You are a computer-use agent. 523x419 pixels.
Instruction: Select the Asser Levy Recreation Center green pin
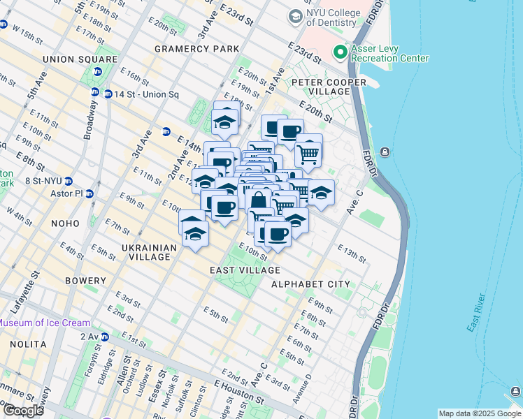pyautogui.click(x=341, y=52)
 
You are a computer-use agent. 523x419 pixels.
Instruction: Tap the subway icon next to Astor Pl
pyautogui.click(x=89, y=193)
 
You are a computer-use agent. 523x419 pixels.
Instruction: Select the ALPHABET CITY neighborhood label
pyautogui.click(x=310, y=284)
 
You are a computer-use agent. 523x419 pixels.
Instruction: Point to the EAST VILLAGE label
pyautogui.click(x=245, y=270)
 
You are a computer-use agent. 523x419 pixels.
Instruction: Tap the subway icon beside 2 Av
pyautogui.click(x=104, y=337)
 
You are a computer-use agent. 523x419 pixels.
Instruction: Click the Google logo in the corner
pyautogui.click(x=22, y=411)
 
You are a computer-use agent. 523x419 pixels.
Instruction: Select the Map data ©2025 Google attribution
pyautogui.click(x=479, y=413)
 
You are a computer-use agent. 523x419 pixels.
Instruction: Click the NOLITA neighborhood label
pyautogui.click(x=27, y=344)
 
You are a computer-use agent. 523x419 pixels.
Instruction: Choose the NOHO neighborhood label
pyautogui.click(x=65, y=223)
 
